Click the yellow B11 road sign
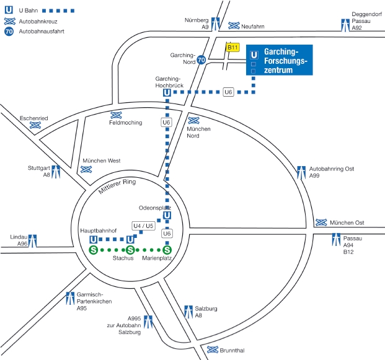pyautogui.click(x=232, y=47)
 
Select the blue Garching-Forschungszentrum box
pyautogui.click(x=279, y=61)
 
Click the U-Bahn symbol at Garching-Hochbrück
pyautogui.click(x=167, y=93)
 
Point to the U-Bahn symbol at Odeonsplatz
pyautogui.click(x=167, y=216)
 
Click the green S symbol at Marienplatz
pyautogui.click(x=167, y=250)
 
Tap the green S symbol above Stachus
pyautogui.click(x=130, y=250)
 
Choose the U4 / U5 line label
pyautogui.click(x=143, y=226)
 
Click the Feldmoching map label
pyautogui.click(x=125, y=123)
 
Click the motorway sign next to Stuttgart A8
pyautogui.click(x=56, y=171)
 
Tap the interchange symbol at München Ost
pyautogui.click(x=321, y=223)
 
